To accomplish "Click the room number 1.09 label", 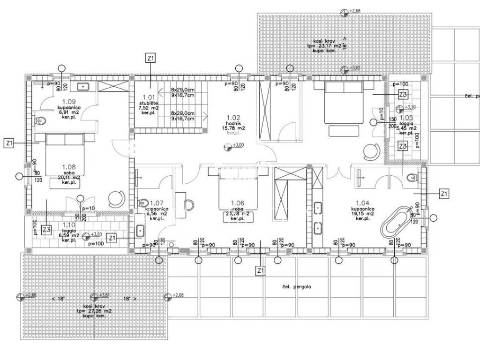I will (69, 101).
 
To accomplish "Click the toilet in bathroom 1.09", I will (41, 120).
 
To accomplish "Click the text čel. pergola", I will (296, 286).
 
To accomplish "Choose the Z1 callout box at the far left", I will (9, 143).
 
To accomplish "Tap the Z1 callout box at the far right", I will (444, 193).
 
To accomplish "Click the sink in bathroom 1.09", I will (84, 86).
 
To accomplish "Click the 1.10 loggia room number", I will (68, 225).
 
